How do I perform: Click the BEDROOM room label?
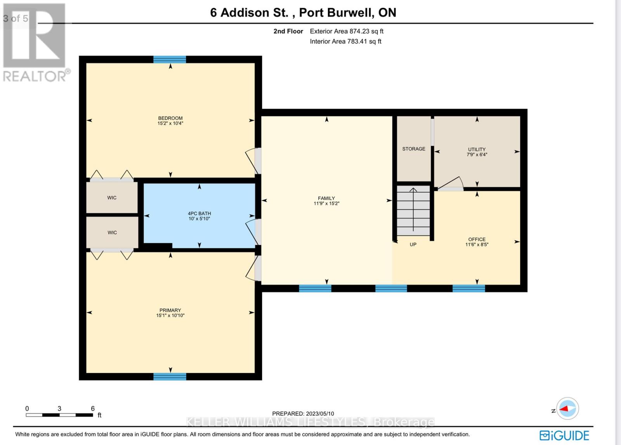tap(170, 118)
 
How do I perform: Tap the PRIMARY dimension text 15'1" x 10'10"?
tap(170, 316)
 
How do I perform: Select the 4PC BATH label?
tap(199, 214)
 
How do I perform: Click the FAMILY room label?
tap(326, 198)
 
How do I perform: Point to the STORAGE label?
tap(413, 149)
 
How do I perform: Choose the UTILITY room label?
tap(477, 149)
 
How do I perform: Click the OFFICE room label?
tap(477, 240)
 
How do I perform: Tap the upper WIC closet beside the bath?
tap(112, 198)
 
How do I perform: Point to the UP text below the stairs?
tap(413, 245)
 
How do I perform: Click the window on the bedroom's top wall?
tap(170, 59)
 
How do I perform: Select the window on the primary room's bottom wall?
tap(170, 376)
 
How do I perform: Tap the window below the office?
tap(468, 288)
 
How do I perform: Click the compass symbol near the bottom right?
tap(567, 409)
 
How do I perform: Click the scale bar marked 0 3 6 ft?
tap(59, 415)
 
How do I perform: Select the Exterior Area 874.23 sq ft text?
tap(346, 31)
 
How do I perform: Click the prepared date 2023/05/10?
tap(303, 414)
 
